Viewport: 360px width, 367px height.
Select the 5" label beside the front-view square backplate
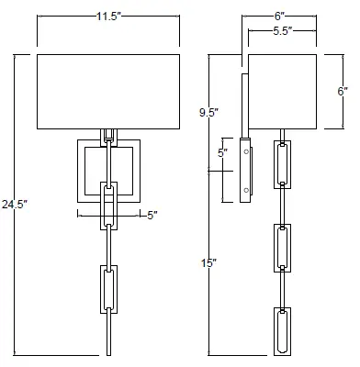coord(152,215)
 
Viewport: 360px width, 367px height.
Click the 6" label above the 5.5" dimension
coord(279,16)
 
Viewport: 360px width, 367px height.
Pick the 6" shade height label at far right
coord(342,92)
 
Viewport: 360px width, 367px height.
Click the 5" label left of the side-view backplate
coord(221,153)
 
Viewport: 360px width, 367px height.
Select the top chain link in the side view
coord(281,167)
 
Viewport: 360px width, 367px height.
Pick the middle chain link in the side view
coord(281,247)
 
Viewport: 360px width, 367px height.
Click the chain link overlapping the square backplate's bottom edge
coord(108,206)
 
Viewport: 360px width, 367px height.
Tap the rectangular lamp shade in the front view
coord(108,90)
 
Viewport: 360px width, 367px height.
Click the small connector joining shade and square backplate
coord(108,134)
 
